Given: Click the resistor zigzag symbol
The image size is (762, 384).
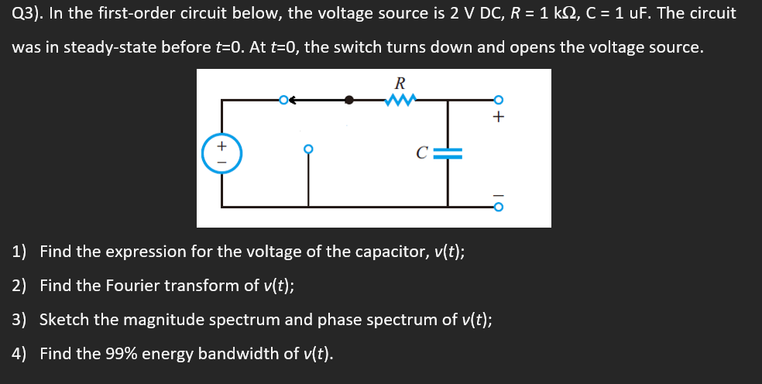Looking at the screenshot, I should [400, 99].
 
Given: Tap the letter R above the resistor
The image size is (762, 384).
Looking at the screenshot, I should [400, 82].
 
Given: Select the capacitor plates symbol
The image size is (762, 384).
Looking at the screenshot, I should [448, 153].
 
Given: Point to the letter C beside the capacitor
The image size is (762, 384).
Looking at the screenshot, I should [422, 153].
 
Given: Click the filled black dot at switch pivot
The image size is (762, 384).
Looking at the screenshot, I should [350, 100].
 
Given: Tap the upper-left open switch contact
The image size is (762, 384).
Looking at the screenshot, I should [284, 100].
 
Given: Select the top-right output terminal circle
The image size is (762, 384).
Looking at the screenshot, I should [499, 100].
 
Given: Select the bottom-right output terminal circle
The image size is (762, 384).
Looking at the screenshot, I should [499, 207].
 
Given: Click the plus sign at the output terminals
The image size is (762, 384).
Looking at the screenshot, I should [499, 118].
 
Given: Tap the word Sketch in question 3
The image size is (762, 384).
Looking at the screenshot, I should [63, 320].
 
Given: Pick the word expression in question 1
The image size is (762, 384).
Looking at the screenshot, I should [142, 252].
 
